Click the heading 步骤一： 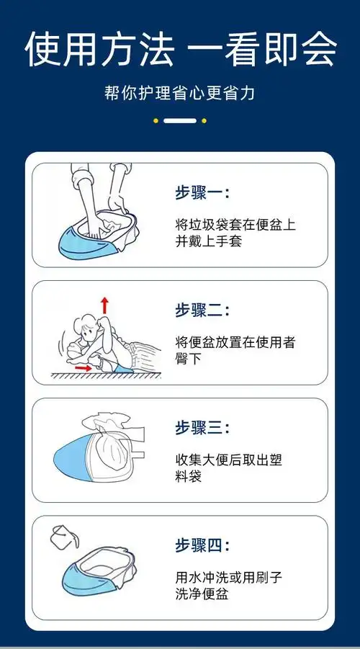click(202, 192)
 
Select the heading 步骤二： click(202, 310)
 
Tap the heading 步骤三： click(202, 428)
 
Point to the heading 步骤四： click(202, 545)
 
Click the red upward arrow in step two click(105, 305)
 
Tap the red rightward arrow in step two click(84, 368)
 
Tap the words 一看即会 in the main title click(264, 50)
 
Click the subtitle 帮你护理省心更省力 click(179, 94)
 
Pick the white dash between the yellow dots click(179, 120)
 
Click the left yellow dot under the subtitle click(156, 120)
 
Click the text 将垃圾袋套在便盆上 click(235, 224)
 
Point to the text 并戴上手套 click(209, 241)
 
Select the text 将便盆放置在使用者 click(235, 341)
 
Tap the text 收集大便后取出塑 click(235, 459)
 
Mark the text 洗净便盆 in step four click(202, 594)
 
